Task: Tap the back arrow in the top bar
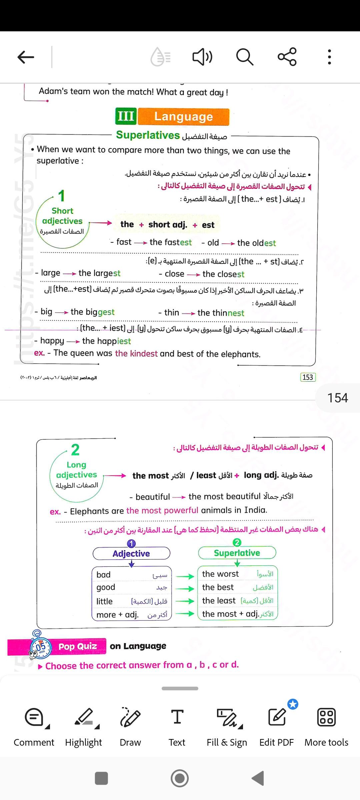coord(26,57)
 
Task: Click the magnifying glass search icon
coord(245,57)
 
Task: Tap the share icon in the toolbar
coord(287,57)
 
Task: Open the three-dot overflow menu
coord(329,57)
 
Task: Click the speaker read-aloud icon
coord(202,57)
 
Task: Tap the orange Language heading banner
coord(184,117)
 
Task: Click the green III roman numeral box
coord(126,116)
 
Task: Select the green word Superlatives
coord(148,135)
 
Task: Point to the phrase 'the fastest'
coord(170,242)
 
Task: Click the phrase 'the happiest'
coord(106,341)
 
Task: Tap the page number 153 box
coord(308,377)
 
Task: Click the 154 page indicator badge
coord(337,398)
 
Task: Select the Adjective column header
coord(131,554)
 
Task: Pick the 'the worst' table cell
coord(220,574)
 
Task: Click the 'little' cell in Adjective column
coord(105,601)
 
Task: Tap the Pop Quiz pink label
coord(77,646)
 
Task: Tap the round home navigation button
coord(180,778)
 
